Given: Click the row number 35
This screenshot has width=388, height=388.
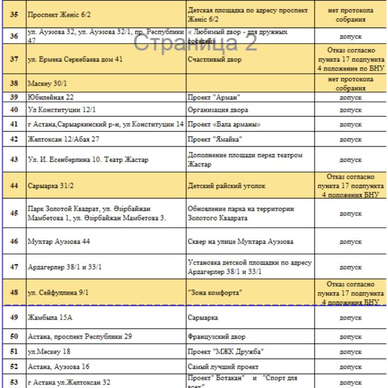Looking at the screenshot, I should pos(14,15).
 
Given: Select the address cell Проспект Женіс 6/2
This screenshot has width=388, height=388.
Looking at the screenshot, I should pos(59,15).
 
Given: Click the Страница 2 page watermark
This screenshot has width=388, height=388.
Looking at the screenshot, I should pos(195,43).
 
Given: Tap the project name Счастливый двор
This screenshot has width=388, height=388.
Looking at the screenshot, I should pos(214,59).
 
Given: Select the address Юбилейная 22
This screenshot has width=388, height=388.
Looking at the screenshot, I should pos(51,98).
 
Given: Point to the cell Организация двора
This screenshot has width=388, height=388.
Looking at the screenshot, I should pos(218,110).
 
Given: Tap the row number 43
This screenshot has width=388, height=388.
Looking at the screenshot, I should pos(14,160).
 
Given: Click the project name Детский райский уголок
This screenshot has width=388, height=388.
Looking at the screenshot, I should pos(226,186).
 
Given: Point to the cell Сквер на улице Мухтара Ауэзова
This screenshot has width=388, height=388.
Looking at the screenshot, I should pos(240,241).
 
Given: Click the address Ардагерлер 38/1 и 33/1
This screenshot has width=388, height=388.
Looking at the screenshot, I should pos(65,267).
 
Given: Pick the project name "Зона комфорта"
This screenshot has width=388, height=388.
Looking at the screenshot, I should pos(215,293).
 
